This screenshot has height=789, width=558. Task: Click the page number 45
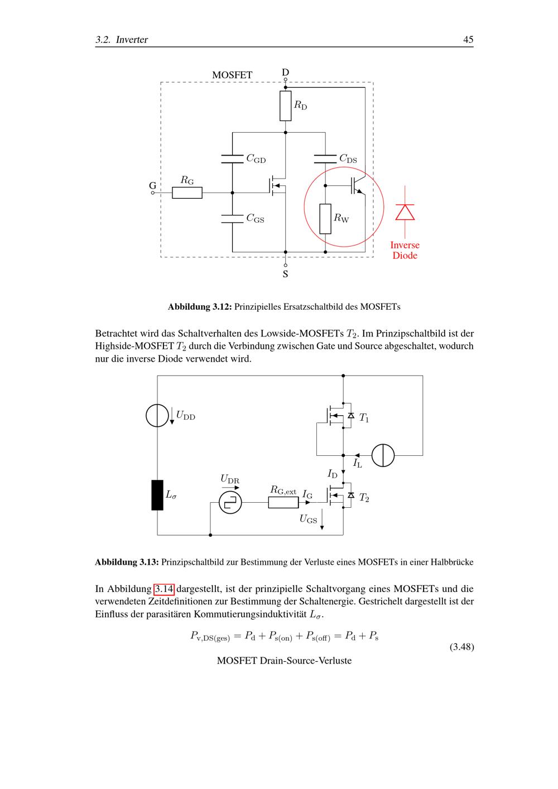coord(468,40)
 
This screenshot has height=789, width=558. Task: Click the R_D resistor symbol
coord(286,106)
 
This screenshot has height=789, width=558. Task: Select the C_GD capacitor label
coord(256,160)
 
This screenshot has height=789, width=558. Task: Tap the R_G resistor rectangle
coord(187,193)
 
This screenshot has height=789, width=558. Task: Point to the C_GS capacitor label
coord(255,219)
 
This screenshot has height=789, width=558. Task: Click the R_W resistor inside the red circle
coord(325,219)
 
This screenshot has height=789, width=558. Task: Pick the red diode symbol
coord(405,212)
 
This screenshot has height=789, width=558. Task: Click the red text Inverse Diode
coord(405,251)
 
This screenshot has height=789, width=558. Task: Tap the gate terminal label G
coord(152,185)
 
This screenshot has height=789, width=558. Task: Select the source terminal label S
coord(285,275)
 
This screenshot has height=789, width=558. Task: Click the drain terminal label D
coord(285,73)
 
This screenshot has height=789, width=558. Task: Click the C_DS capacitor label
coord(348,160)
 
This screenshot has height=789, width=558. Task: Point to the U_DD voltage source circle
coord(157,416)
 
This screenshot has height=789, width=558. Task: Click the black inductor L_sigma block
coord(157,494)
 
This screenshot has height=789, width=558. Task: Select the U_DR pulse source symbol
coord(230,503)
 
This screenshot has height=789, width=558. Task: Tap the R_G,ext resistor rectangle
coord(283,503)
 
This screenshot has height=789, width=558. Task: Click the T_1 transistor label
coord(364,418)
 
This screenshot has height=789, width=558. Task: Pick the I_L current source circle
coord(383,455)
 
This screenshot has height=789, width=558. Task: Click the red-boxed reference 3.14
coord(164,589)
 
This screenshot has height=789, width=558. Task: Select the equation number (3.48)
coord(461,647)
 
